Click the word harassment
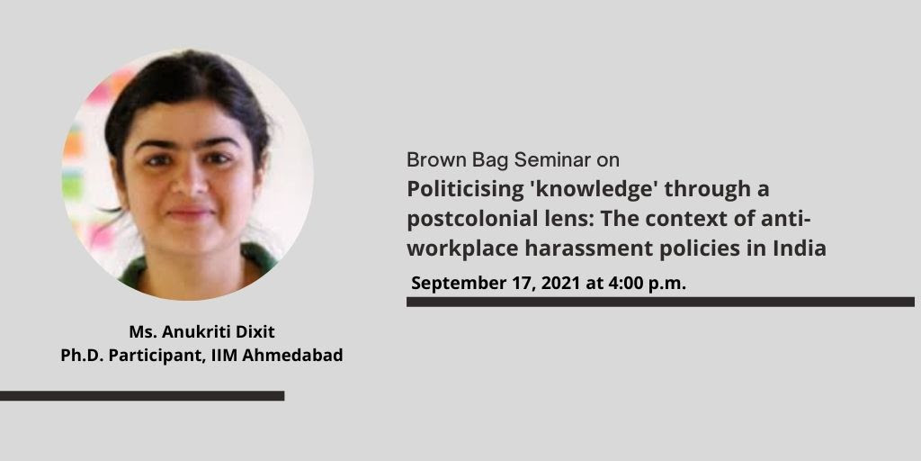point(586,249)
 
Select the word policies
point(699,249)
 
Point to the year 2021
point(561,283)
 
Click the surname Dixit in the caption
point(255,332)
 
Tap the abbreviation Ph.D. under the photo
point(80,356)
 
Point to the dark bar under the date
point(660,302)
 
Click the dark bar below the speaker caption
point(142,396)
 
